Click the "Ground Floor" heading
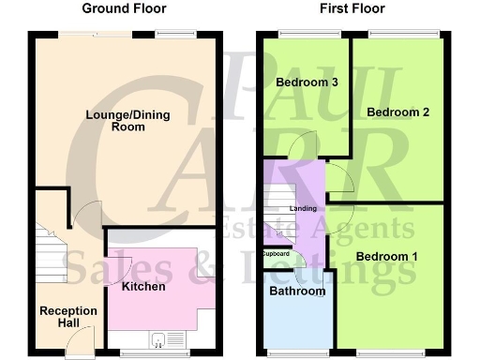pos(124,9)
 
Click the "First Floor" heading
pos(352,9)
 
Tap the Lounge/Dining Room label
pos(122,120)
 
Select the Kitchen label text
pos(143,286)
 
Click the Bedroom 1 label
pos(382,256)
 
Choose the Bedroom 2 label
pos(397,112)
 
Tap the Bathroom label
pos(297,291)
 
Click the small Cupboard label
pos(276,254)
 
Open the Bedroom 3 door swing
pos(304,146)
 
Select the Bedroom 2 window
pos(403,35)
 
